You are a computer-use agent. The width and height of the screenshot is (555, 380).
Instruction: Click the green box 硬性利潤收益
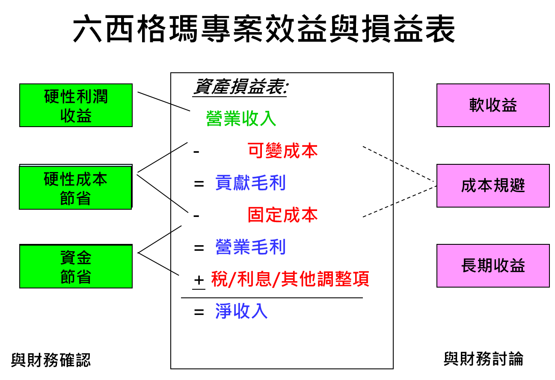tap(76, 105)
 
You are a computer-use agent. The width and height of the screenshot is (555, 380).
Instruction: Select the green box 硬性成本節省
tap(75, 188)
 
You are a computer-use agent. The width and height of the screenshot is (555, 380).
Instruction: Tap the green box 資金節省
tap(76, 267)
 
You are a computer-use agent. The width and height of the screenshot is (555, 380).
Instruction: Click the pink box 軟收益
tap(493, 105)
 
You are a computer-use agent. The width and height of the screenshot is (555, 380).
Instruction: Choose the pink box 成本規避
tap(493, 186)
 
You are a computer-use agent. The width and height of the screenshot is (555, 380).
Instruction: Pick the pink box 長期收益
tap(493, 266)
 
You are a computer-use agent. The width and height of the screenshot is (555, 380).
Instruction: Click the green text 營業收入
tap(241, 119)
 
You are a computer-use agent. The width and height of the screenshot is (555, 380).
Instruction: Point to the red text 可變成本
tap(282, 151)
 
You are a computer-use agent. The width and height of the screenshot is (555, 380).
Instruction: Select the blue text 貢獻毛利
tap(250, 183)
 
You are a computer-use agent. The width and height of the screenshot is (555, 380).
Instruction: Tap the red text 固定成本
tap(282, 215)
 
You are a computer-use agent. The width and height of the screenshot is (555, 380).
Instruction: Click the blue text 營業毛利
tap(250, 247)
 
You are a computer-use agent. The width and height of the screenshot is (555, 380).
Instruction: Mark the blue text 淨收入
tap(241, 311)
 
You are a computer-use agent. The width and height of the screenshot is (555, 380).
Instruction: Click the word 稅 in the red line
tap(220, 279)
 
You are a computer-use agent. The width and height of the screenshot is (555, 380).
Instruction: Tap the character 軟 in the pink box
tap(477, 105)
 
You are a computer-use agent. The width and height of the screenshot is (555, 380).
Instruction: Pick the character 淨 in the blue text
tap(223, 311)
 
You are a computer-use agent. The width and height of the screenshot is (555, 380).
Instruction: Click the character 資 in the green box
tap(68, 258)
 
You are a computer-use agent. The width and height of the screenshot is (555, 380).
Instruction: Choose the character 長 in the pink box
tap(469, 266)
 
